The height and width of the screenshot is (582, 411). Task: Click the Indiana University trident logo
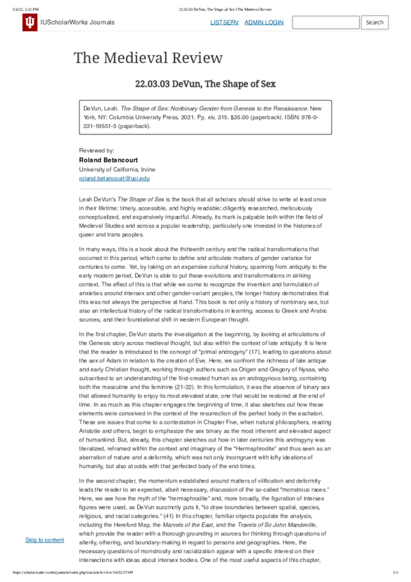click(29, 23)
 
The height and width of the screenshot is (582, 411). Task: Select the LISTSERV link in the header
click(224, 23)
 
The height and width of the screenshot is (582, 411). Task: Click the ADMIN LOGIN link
click(264, 23)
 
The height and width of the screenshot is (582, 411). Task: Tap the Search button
click(375, 23)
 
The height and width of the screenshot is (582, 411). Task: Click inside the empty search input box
click(325, 23)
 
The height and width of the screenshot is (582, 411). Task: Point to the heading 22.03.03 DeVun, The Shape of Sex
click(206, 84)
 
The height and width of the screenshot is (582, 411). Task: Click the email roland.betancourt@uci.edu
click(114, 178)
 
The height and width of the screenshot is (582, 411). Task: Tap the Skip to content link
click(45, 540)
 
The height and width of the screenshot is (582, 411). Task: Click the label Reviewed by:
click(97, 150)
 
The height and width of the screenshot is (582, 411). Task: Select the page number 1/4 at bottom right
click(395, 572)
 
